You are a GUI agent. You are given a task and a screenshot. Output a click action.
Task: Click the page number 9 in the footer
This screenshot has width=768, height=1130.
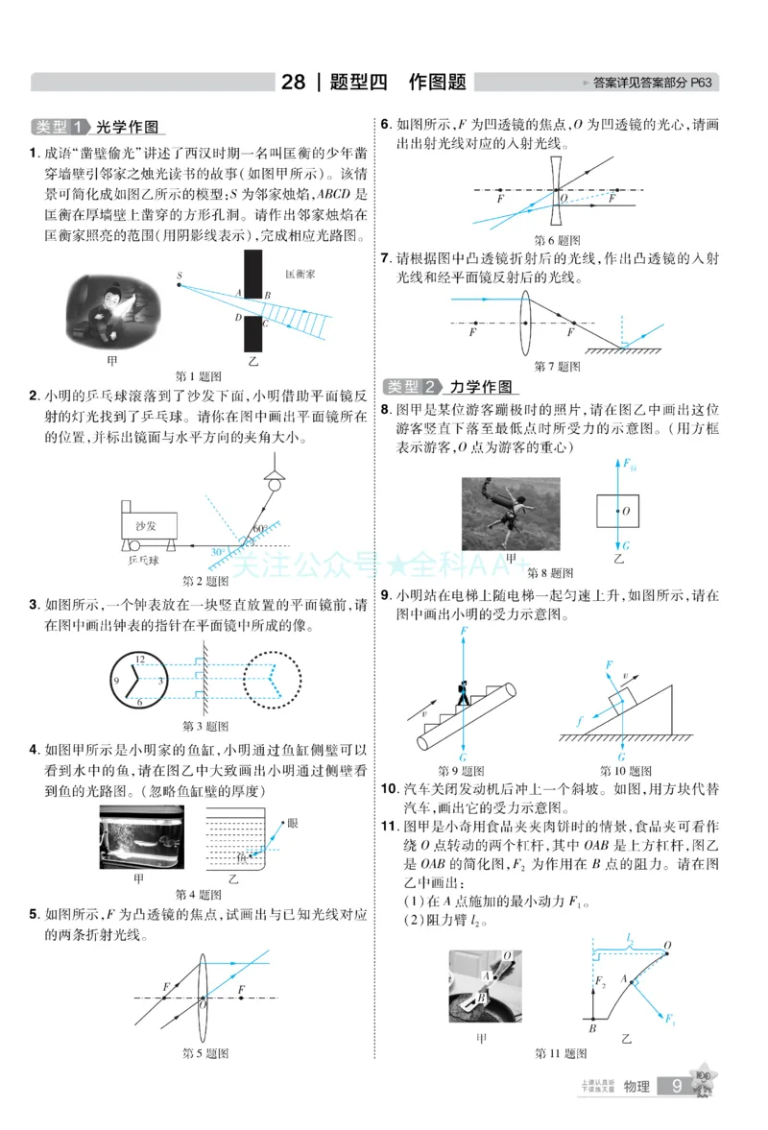678,1086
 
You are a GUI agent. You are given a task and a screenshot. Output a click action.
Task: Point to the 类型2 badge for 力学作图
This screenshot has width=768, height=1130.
413,387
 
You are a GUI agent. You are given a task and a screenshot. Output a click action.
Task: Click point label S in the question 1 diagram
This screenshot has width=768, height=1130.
179,276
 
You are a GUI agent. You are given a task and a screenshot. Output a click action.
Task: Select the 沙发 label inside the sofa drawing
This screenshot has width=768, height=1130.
145,526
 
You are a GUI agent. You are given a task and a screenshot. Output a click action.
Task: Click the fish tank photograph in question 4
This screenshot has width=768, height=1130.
141,836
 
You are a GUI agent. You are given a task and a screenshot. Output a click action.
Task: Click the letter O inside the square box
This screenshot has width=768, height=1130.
626,512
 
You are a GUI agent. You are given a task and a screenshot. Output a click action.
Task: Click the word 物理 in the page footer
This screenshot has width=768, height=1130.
636,1087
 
